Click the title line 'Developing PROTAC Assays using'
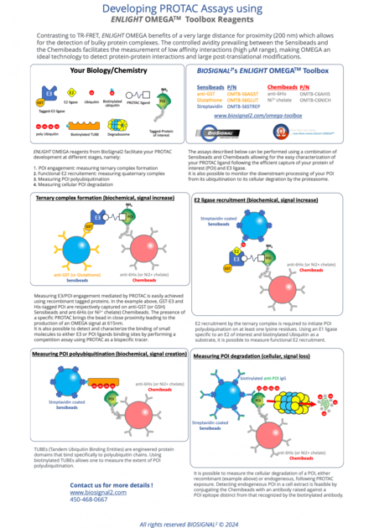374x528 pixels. (x=187, y=8)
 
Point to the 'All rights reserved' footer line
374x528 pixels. (x=187, y=522)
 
